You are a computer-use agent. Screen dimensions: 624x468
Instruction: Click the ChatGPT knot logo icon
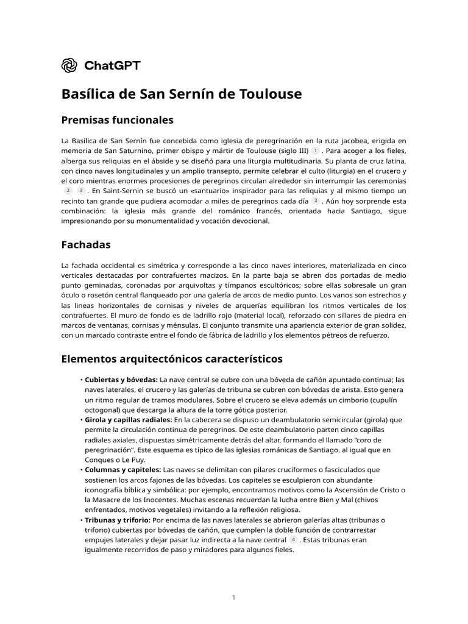pyautogui.click(x=69, y=65)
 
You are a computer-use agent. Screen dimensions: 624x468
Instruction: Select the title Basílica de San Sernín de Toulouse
pyautogui.click(x=182, y=94)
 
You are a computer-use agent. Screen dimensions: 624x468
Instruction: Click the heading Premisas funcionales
pyautogui.click(x=118, y=119)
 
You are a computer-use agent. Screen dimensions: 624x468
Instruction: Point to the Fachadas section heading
pyautogui.click(x=86, y=245)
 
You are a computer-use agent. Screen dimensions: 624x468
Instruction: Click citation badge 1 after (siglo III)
pyautogui.click(x=315, y=151)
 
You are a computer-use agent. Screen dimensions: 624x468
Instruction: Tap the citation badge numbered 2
pyautogui.click(x=68, y=191)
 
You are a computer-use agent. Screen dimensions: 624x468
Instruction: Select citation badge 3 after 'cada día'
pyautogui.click(x=315, y=200)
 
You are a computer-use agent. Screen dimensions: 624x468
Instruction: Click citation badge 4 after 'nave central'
pyautogui.click(x=293, y=540)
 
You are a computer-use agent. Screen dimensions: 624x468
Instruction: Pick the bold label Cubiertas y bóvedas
pyautogui.click(x=121, y=380)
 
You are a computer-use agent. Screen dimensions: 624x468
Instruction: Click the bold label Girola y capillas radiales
pyautogui.click(x=129, y=420)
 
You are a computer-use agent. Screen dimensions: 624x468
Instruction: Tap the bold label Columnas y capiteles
pyautogui.click(x=123, y=470)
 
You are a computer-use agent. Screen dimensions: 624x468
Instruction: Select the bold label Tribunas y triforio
pyautogui.click(x=118, y=520)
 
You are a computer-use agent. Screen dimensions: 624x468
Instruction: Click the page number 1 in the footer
pyautogui.click(x=233, y=598)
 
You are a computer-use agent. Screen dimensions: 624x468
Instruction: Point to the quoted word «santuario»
pyautogui.click(x=200, y=191)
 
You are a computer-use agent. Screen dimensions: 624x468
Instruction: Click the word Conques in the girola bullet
pyautogui.click(x=99, y=460)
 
